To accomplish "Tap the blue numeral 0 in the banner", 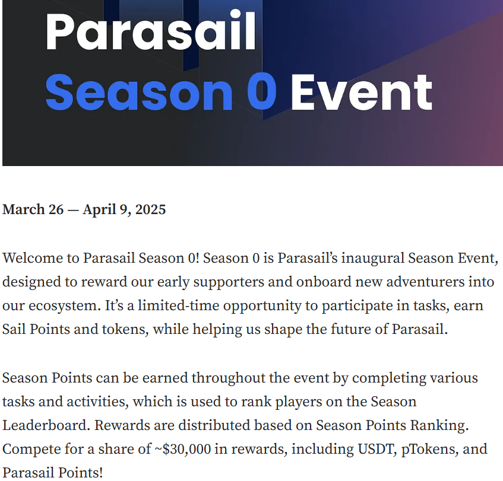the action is pyautogui.click(x=261, y=92).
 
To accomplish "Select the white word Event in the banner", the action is pyautogui.click(x=362, y=92).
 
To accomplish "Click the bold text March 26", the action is pyautogui.click(x=33, y=209).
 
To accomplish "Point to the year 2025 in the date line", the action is pyautogui.click(x=150, y=209).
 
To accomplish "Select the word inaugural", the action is pyautogui.click(x=373, y=258).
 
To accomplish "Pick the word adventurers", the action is pyautogui.click(x=425, y=282).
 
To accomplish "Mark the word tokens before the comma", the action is pyautogui.click(x=124, y=329).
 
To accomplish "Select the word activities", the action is pyautogui.click(x=96, y=402).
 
